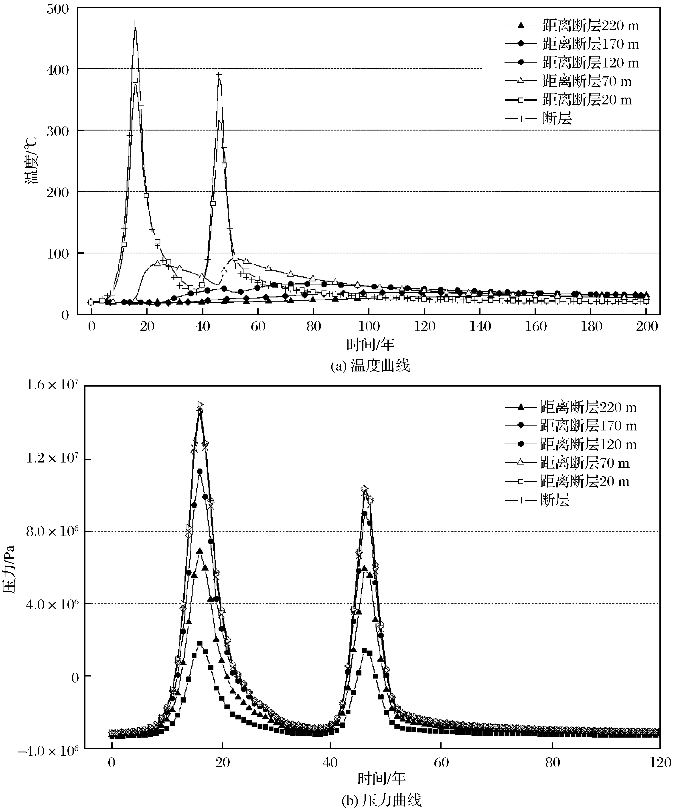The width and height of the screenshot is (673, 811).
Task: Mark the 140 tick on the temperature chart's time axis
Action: tap(480, 327)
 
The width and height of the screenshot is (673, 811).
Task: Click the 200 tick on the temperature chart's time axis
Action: tap(647, 327)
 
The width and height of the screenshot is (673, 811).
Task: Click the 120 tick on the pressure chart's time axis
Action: tap(660, 763)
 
